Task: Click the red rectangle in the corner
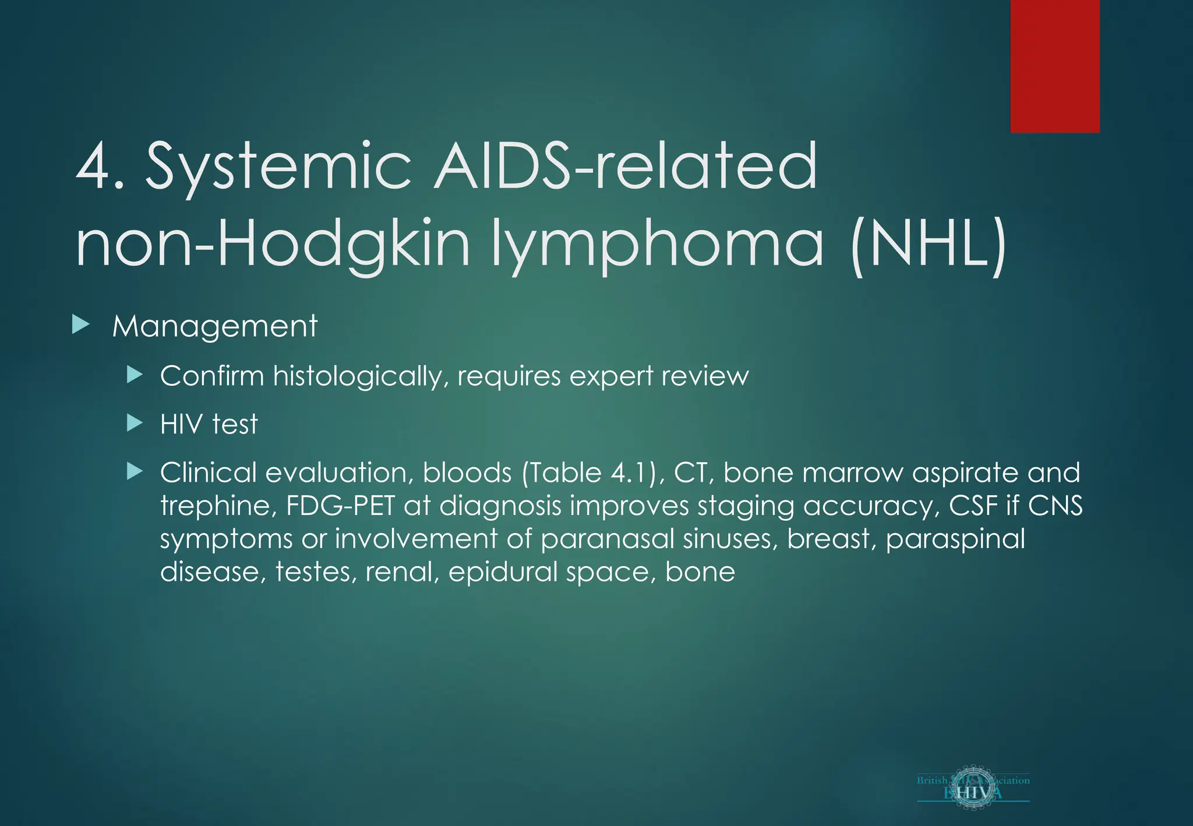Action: tap(1054, 66)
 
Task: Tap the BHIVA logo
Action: tap(973, 787)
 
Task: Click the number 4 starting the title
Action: tap(93, 167)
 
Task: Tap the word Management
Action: tap(215, 326)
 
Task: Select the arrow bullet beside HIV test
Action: tap(135, 423)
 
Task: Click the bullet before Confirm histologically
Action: tap(135, 375)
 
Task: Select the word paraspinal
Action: tap(955, 539)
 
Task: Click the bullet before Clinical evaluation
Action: tap(135, 471)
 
